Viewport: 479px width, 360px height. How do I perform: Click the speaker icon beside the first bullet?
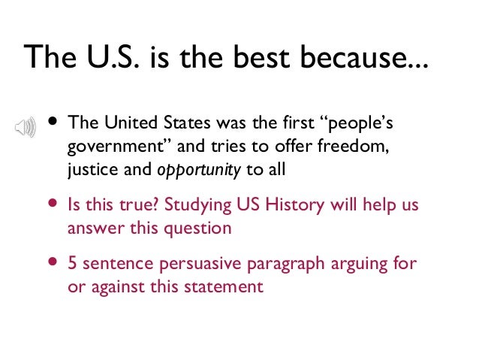25,127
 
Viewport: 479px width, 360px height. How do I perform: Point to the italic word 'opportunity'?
199,169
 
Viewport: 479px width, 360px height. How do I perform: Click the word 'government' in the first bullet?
101,146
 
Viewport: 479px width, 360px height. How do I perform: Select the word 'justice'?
89,169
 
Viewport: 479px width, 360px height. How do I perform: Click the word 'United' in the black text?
125,123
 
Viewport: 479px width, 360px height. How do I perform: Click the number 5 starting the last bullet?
73,264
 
